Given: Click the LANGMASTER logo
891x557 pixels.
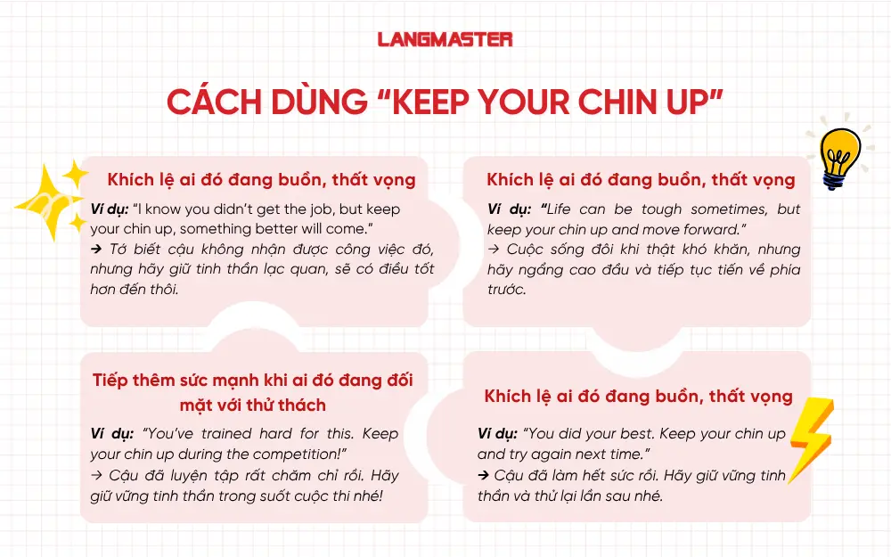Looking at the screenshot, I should (445, 39).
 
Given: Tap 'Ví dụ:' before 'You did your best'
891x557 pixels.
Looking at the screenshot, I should (497, 434).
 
